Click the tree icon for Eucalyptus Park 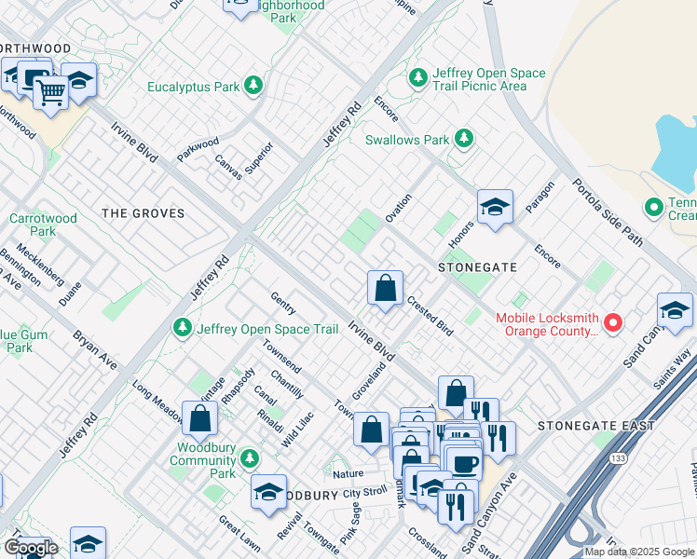coord(253,87)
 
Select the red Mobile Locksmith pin coord(613,323)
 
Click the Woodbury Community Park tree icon coord(249,458)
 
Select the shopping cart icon coord(51,91)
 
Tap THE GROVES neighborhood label coord(143,213)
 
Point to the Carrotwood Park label coord(32,225)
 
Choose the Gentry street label coord(282,303)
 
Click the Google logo coord(30,549)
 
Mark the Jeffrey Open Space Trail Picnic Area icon coord(419,75)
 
